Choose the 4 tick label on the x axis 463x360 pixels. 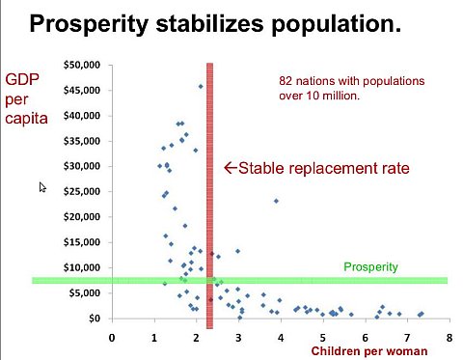tap(281, 337)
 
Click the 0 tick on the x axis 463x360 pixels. tap(112, 337)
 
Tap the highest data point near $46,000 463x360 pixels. tap(201, 86)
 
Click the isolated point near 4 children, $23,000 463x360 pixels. tap(276, 201)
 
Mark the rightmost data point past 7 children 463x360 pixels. tap(422, 314)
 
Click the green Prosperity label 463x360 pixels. tap(371, 265)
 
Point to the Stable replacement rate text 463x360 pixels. tap(323, 168)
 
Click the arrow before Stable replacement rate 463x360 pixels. tap(230, 168)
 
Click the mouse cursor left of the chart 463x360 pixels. tap(42, 186)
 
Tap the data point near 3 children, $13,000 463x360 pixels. tap(237, 252)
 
